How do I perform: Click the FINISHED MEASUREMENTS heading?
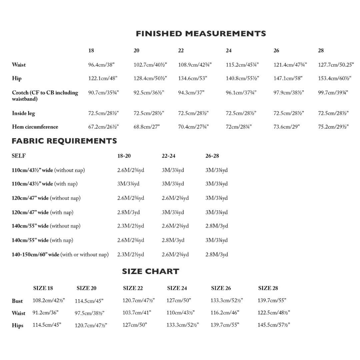click(x=201, y=34)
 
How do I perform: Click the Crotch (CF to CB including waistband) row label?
click(x=45, y=96)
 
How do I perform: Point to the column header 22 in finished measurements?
click(x=181, y=51)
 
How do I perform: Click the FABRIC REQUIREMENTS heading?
click(x=64, y=141)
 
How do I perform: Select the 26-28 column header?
click(x=212, y=156)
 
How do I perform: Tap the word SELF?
click(x=19, y=156)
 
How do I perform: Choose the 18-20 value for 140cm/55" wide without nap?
click(x=130, y=226)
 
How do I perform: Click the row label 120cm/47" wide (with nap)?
click(x=43, y=212)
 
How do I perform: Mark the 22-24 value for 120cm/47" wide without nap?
click(x=175, y=198)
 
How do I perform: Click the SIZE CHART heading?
click(x=150, y=271)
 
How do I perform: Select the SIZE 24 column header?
click(x=177, y=288)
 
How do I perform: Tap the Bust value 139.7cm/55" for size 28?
click(x=272, y=300)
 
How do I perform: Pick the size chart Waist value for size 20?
click(x=89, y=313)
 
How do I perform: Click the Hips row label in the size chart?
click(x=18, y=326)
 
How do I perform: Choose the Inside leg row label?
click(x=23, y=113)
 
